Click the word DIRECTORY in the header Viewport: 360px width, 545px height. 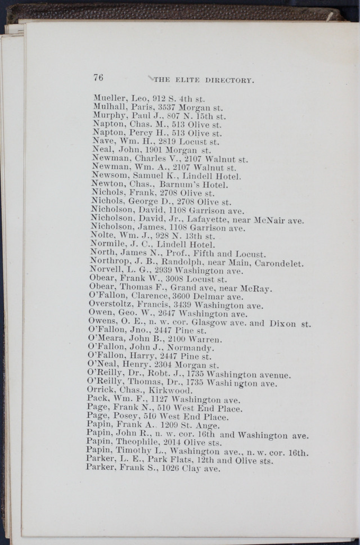[x=229, y=80]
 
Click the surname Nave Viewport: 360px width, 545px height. [x=103, y=142]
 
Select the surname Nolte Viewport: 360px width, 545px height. [x=102, y=236]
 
